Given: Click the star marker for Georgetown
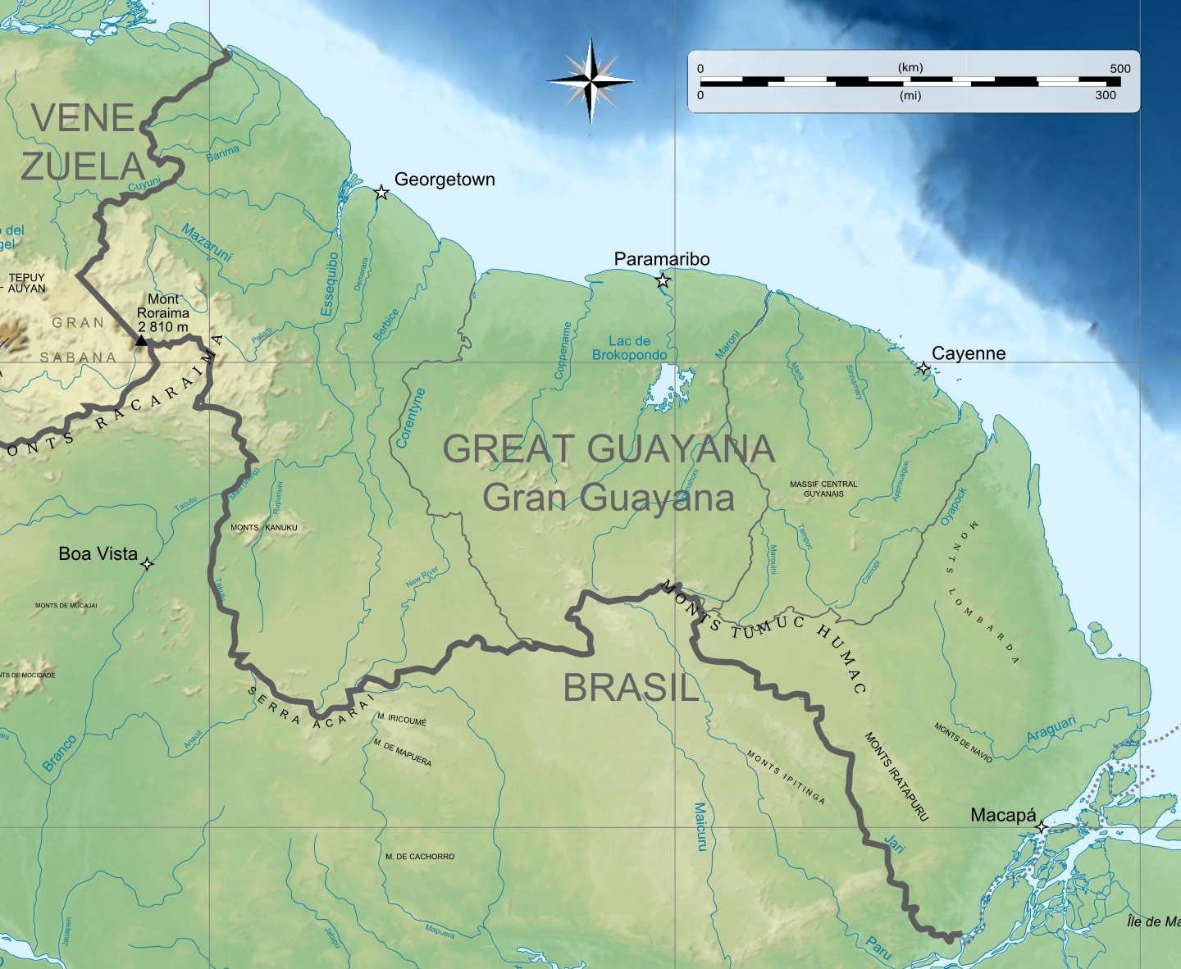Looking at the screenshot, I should click(381, 193).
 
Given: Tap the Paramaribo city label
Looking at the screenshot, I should click(662, 259).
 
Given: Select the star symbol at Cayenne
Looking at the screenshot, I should click(923, 368).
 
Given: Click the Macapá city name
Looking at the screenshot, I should click(1003, 815).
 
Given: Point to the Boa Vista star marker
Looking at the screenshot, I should click(147, 564).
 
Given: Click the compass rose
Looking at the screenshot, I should click(590, 80).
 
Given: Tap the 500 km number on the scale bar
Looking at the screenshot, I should click(1119, 69).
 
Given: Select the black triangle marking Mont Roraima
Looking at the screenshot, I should click(141, 340).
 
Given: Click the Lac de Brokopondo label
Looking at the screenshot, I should click(629, 348).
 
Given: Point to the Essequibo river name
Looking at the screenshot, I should click(330, 284).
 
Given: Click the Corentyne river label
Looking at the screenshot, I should click(411, 418).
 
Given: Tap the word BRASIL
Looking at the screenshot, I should click(631, 688).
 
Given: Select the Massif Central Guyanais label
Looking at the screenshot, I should click(823, 489).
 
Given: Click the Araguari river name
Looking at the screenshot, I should click(1051, 728).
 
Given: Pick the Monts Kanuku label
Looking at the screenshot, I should click(264, 527).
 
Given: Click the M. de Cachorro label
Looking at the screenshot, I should click(420, 857).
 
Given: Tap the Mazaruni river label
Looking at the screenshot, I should click(207, 242).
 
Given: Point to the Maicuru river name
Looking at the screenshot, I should click(700, 826).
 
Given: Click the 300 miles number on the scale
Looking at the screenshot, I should click(1106, 95).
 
